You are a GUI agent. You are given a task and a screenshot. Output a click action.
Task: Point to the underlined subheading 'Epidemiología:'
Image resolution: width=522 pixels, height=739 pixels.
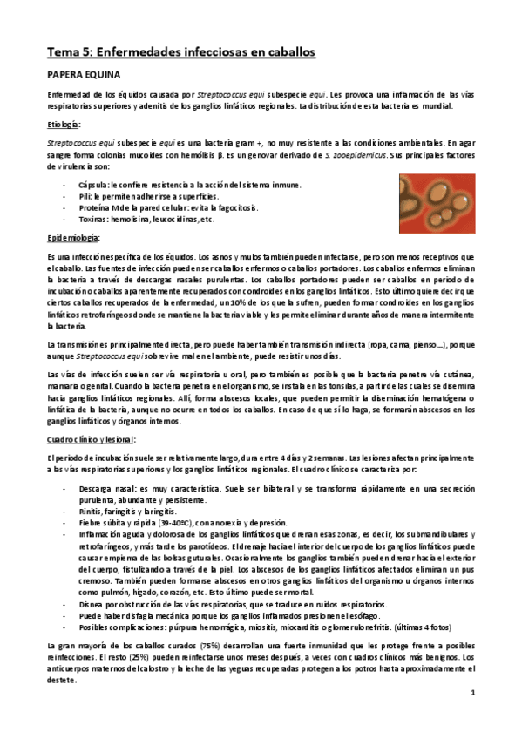tap(75, 238)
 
